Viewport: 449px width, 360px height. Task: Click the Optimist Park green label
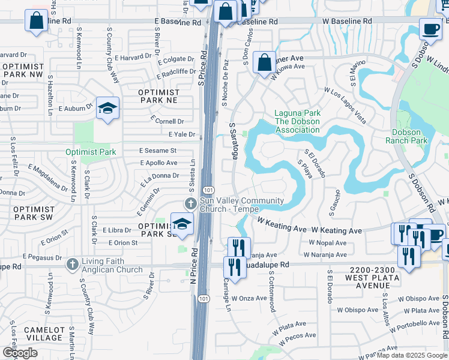(91, 152)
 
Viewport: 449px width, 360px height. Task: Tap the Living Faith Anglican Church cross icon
(72, 264)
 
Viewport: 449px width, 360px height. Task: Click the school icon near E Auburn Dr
(108, 108)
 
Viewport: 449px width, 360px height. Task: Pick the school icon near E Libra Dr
(182, 224)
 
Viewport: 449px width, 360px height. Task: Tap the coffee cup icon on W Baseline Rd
(429, 28)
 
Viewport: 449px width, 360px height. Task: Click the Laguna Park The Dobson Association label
(297, 121)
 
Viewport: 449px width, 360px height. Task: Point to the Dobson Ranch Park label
(410, 136)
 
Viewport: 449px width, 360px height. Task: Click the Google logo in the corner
(20, 353)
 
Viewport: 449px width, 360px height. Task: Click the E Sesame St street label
(158, 151)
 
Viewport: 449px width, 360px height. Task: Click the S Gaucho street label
(331, 203)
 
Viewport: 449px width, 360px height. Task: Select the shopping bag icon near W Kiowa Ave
(264, 62)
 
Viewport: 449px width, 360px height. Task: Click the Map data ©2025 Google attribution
(411, 355)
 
